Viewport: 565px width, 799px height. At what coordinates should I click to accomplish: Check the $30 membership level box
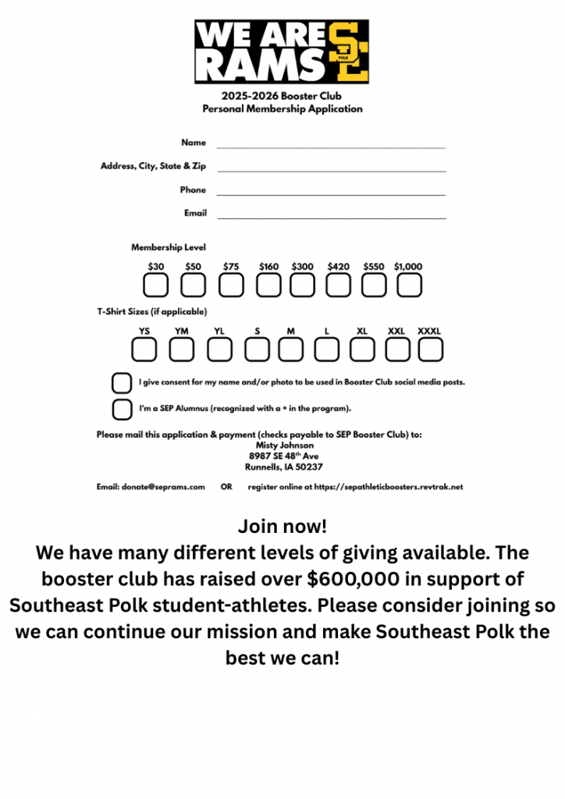click(x=155, y=286)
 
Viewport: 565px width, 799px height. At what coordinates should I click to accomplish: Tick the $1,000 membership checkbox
click(x=409, y=286)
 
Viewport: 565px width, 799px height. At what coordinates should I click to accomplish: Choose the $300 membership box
click(x=302, y=286)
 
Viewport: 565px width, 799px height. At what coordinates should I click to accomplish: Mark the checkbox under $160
click(x=268, y=286)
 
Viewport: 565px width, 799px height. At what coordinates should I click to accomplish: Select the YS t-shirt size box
click(x=144, y=350)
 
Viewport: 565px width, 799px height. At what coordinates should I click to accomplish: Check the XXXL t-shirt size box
click(x=430, y=350)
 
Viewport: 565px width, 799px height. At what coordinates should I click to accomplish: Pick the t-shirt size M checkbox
click(x=291, y=350)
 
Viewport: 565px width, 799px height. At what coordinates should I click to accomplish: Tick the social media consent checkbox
click(x=122, y=383)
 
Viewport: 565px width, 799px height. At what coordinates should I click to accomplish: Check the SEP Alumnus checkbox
click(x=122, y=409)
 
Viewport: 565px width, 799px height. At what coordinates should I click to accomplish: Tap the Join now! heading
click(x=282, y=525)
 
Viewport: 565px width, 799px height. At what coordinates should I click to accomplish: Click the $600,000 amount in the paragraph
click(x=356, y=579)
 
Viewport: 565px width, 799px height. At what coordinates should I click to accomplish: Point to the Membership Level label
click(x=169, y=247)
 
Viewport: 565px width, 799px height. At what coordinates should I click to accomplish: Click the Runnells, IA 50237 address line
click(x=283, y=467)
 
